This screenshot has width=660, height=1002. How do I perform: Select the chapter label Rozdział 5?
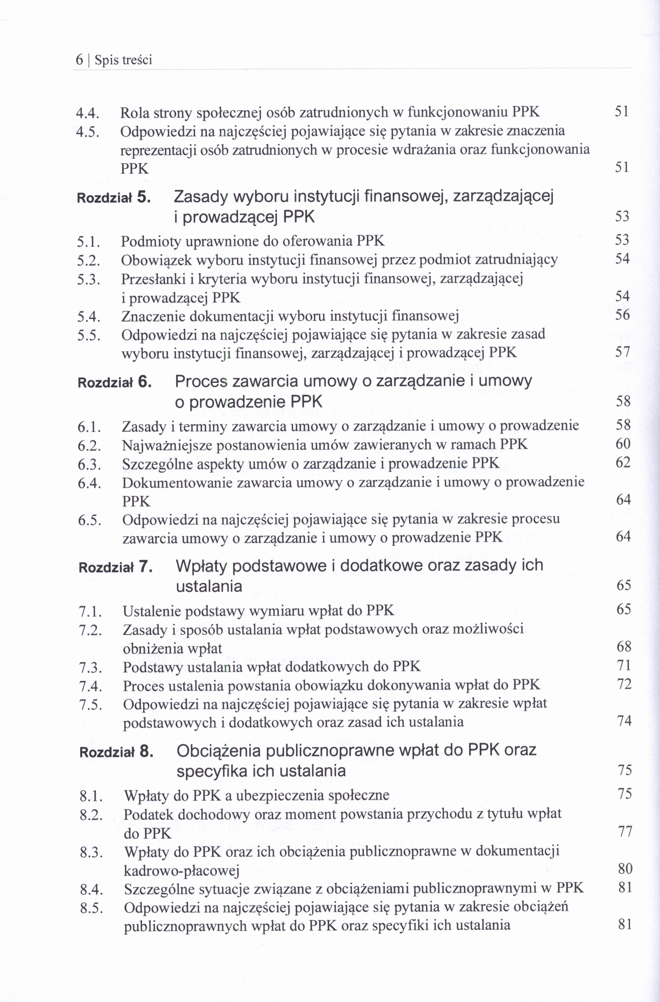coord(114,198)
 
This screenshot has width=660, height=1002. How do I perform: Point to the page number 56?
coord(622,315)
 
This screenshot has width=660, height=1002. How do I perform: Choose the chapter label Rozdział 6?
coord(115,383)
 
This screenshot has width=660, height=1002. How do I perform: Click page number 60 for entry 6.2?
coord(623,444)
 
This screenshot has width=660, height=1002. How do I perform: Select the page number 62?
coord(623,463)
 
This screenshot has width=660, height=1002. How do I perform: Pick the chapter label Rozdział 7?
coord(115,567)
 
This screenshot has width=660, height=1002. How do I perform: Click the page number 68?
coord(624,647)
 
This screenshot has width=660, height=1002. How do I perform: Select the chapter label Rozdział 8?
coord(116,752)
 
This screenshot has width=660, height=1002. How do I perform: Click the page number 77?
coord(625,832)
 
